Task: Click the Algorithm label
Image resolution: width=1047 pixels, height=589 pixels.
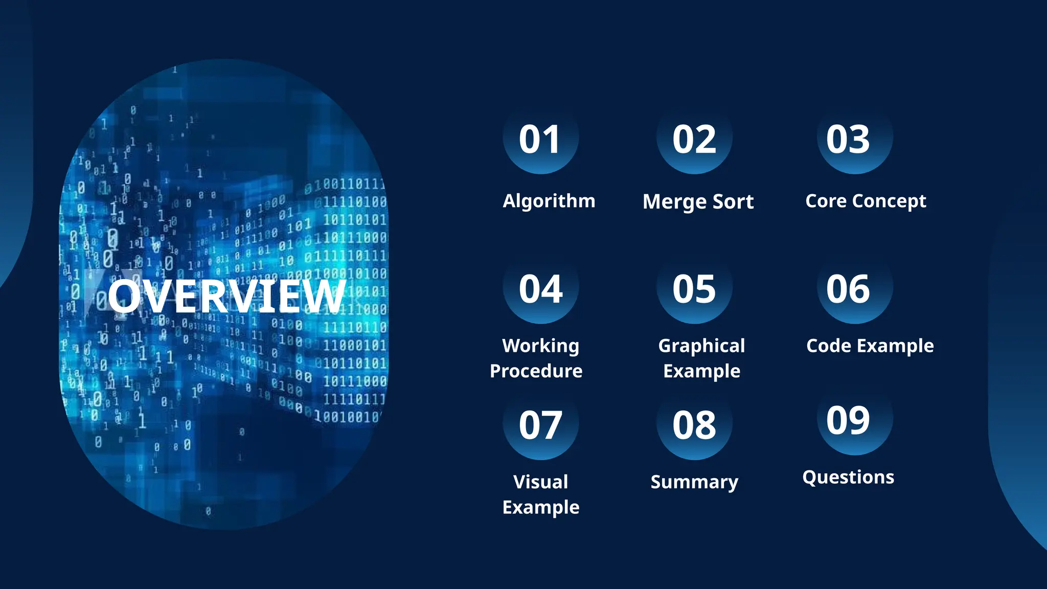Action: [549, 201]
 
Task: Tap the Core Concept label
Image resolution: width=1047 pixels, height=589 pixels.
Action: [866, 201]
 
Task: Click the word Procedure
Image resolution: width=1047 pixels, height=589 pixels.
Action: [536, 371]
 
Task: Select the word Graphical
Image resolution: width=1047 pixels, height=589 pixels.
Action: [701, 346]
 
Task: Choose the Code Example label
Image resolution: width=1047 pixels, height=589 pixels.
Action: [870, 346]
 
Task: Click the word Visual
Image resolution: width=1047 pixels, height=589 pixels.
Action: [540, 482]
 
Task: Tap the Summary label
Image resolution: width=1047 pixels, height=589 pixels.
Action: [694, 482]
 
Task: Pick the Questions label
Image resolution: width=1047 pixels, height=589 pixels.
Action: [848, 477]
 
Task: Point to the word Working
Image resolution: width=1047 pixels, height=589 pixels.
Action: [540, 346]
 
